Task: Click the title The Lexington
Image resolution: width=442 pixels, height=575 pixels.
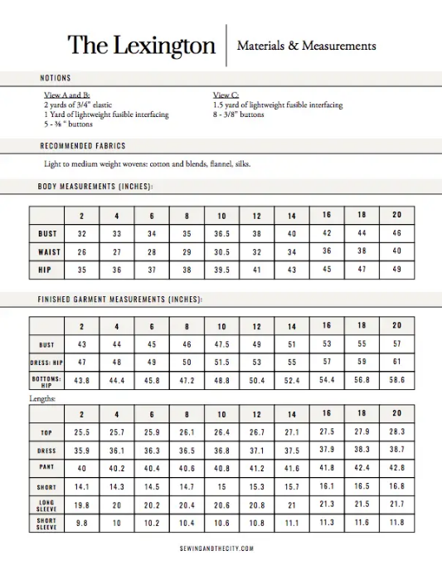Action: [142, 45]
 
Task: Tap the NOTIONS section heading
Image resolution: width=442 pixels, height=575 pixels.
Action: [56, 78]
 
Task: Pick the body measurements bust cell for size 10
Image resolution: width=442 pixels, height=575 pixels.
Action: [222, 234]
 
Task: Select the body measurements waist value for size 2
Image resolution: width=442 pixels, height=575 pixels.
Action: [82, 251]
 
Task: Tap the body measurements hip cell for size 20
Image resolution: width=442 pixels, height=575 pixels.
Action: [396, 269]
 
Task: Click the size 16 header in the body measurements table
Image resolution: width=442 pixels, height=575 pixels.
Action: [327, 216]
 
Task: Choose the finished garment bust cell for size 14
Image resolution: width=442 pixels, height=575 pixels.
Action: [292, 344]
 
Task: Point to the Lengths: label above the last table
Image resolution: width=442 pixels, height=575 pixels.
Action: [44, 398]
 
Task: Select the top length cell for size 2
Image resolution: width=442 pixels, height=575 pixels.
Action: [82, 432]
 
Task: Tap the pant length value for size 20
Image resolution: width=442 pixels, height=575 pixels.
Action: [396, 468]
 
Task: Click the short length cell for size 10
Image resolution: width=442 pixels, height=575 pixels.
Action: [222, 487]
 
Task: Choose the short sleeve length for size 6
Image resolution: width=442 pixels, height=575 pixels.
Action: [153, 523]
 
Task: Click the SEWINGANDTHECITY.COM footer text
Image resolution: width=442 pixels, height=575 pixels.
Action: [216, 548]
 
